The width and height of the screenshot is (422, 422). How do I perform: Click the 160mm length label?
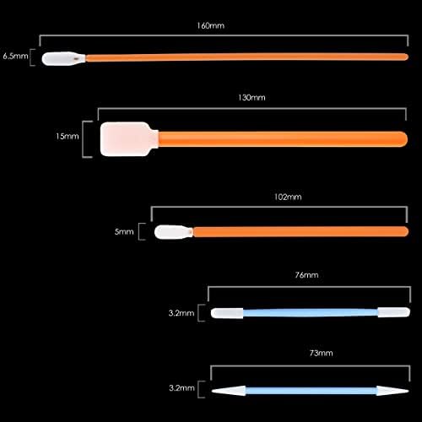tap(210, 25)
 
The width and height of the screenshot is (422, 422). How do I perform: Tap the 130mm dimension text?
tap(252, 98)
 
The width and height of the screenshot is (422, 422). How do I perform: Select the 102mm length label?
tap(288, 197)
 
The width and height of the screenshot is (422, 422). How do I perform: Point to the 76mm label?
tap(306, 275)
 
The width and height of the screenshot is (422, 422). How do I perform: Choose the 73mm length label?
tap(321, 353)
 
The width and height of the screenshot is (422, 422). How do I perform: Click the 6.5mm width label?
tap(15, 56)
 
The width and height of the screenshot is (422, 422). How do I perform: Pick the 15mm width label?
tap(68, 137)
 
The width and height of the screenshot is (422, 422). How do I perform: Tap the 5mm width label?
tap(124, 232)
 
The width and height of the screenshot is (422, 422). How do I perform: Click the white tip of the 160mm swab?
tap(63, 58)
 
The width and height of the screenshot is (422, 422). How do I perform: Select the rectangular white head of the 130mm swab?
tap(129, 139)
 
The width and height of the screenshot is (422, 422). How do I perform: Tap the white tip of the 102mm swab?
tap(174, 232)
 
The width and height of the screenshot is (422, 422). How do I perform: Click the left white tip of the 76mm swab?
tap(227, 313)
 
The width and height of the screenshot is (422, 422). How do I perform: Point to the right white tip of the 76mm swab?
tap(393, 312)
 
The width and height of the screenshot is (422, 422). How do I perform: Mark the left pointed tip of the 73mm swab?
tap(212, 391)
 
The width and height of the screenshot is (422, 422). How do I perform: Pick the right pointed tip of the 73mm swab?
tap(408, 391)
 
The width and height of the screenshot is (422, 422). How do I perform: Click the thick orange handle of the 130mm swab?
tap(283, 139)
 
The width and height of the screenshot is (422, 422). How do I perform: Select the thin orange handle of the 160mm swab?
tap(247, 57)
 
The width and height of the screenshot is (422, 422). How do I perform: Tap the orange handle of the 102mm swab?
tap(300, 232)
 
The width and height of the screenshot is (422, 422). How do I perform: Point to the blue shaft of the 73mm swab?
tap(311, 391)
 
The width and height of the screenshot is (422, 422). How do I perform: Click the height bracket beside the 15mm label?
tap(83, 139)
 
